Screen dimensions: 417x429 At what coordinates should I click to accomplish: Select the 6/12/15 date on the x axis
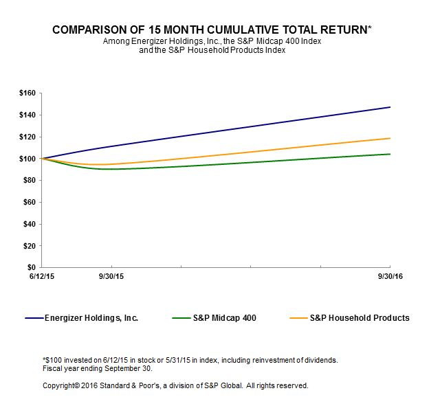click(x=41, y=276)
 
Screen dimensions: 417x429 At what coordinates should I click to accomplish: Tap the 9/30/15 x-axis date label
click(x=111, y=276)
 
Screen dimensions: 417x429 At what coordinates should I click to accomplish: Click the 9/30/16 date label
click(x=390, y=276)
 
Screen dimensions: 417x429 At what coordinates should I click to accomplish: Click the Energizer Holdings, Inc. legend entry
click(x=91, y=318)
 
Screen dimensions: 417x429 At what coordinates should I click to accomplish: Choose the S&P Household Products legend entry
click(x=359, y=318)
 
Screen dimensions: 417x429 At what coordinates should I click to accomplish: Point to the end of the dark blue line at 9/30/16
click(x=390, y=107)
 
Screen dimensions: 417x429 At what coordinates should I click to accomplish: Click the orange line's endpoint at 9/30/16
click(x=390, y=138)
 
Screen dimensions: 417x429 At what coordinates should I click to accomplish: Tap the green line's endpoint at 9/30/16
click(x=390, y=154)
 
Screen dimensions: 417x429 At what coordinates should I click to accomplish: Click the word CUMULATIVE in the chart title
click(x=245, y=31)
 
